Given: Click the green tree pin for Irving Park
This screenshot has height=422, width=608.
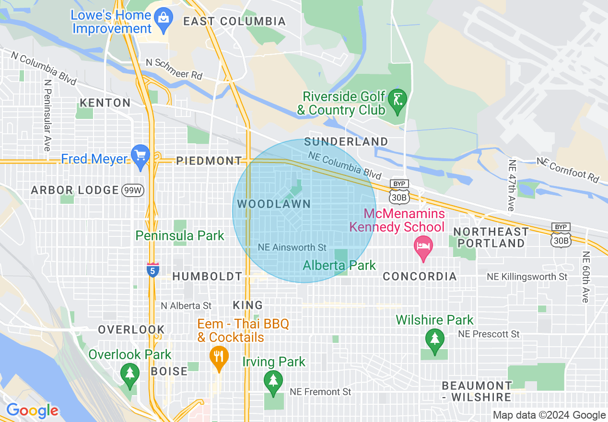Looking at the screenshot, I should click(273, 382).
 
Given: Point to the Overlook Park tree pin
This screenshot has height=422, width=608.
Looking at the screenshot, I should click(129, 375).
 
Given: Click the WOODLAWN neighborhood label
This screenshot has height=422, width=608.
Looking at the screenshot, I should click(274, 204).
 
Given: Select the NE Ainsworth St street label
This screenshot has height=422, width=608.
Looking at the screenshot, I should click(292, 247).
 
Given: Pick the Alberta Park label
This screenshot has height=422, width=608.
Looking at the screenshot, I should click(339, 265).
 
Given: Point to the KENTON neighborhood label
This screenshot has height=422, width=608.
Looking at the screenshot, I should click(105, 103).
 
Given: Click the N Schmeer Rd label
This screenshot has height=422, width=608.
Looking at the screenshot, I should click(174, 69).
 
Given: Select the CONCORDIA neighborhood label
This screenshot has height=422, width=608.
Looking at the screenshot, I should click(420, 277).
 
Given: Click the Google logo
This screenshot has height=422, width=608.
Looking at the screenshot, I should click(32, 410).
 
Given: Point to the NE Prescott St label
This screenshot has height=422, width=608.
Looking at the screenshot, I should click(489, 334).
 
